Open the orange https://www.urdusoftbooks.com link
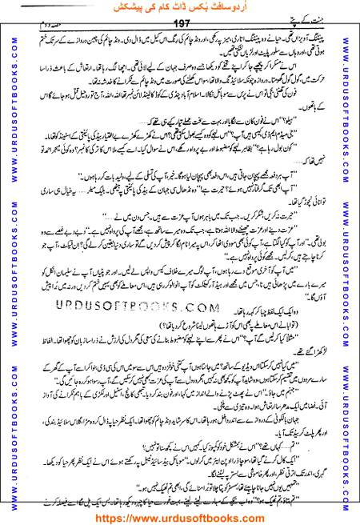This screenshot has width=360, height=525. pyautogui.click(x=180, y=516)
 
